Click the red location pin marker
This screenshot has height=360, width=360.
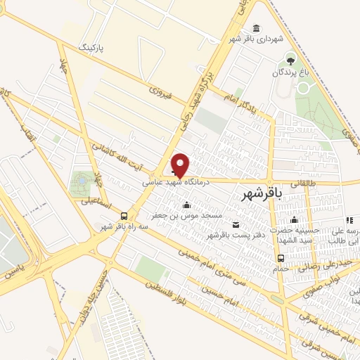[181, 165]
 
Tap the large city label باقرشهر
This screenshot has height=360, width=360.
[261, 193]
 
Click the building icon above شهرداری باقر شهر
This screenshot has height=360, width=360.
[255, 29]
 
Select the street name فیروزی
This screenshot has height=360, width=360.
[160, 90]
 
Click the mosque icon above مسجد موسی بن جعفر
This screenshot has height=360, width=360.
[186, 205]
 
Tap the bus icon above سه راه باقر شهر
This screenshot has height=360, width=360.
[124, 216]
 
